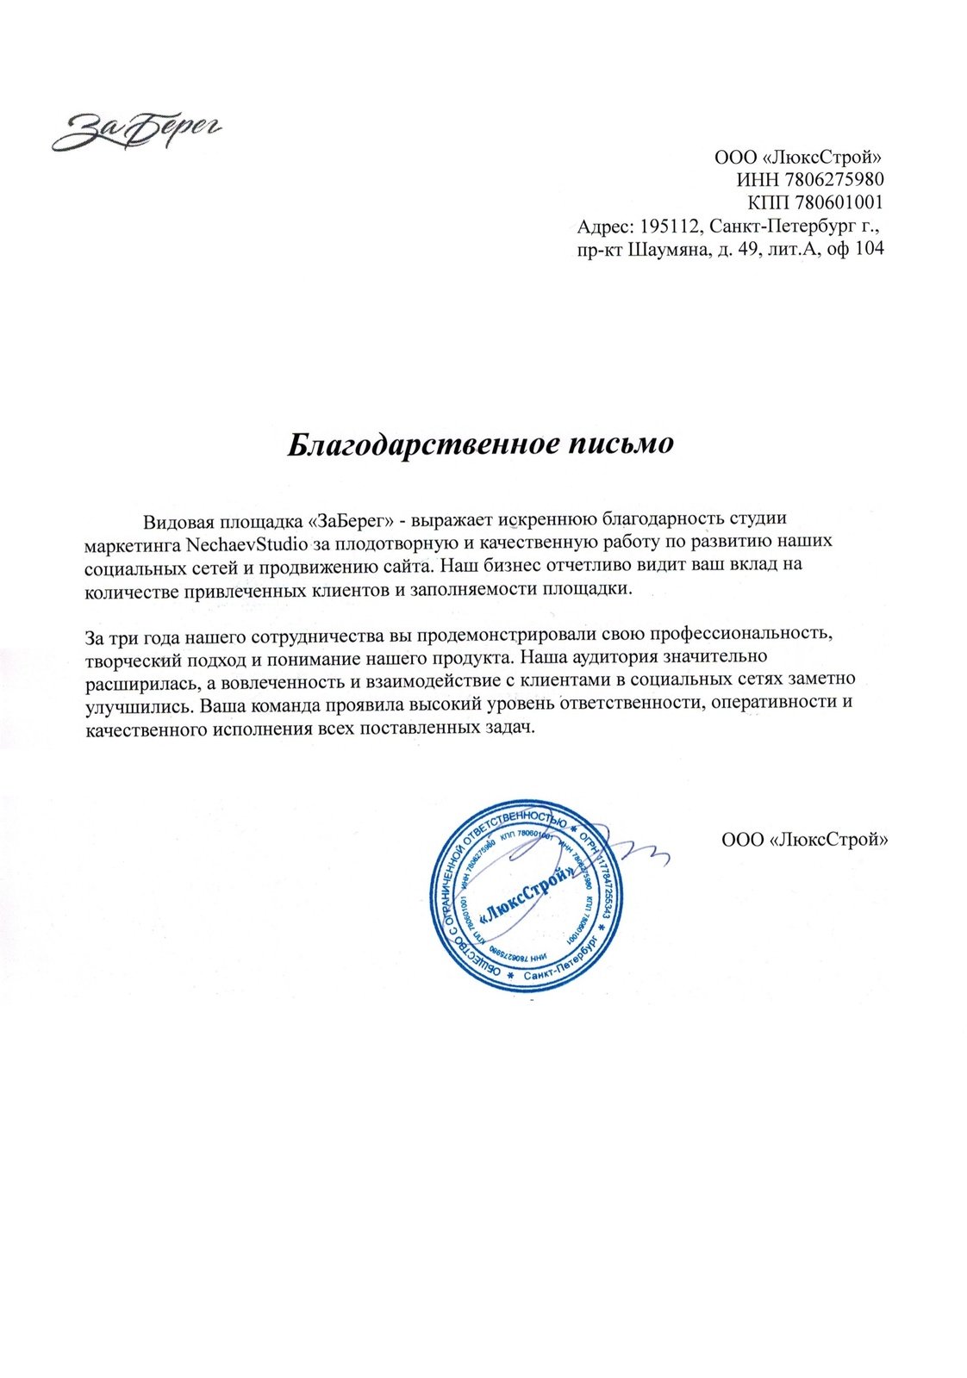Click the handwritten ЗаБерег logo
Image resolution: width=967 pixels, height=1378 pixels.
137,130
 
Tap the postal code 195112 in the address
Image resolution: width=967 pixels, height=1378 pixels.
670,227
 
